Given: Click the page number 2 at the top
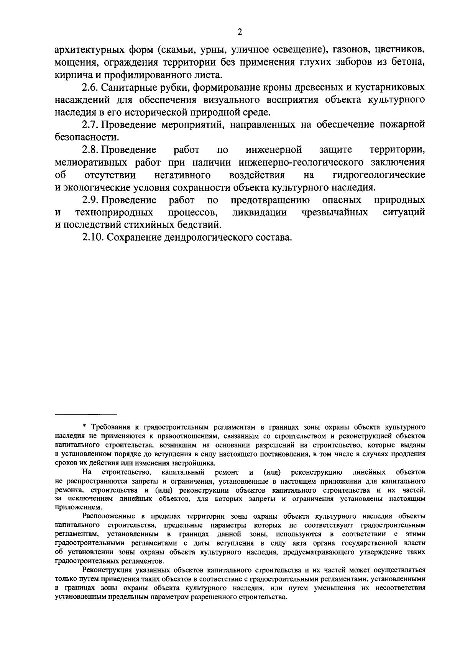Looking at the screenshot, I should click(240, 32).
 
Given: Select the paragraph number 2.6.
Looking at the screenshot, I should click(89, 88).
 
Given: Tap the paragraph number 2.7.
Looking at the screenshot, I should click(89, 125).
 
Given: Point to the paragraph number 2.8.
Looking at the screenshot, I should click(89, 150).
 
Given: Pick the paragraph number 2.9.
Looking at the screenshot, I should click(89, 200).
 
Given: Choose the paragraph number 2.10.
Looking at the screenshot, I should click(92, 238).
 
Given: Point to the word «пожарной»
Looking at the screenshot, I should click(402, 125).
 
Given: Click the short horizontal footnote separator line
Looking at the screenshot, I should click(85, 415).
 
